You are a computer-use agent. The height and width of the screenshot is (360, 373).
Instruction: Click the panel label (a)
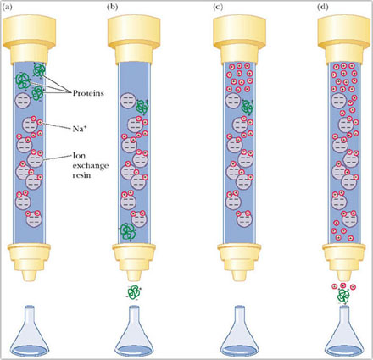pyautogui.click(x=8, y=7)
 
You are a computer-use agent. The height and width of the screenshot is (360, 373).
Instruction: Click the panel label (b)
pyautogui.click(x=112, y=7)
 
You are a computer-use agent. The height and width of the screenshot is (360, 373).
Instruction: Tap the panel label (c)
pyautogui.click(x=218, y=7)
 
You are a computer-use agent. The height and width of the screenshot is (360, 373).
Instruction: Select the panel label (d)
pyautogui.click(x=323, y=7)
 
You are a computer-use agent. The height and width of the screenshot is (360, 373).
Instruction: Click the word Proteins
pyautogui.click(x=88, y=93)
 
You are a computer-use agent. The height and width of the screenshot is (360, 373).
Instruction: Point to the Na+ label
pyautogui.click(x=80, y=129)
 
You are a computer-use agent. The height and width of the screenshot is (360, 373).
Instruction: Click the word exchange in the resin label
pyautogui.click(x=91, y=166)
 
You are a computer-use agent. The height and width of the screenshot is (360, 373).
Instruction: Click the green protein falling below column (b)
pyautogui.click(x=134, y=292)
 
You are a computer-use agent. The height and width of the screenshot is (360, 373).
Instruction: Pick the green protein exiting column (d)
pyautogui.click(x=344, y=296)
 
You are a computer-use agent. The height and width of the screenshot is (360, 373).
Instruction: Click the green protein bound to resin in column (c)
pyautogui.click(x=248, y=108)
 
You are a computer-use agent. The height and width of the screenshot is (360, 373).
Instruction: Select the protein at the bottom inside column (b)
pyautogui.click(x=127, y=232)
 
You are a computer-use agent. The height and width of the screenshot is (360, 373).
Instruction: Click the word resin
pyautogui.click(x=81, y=175)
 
